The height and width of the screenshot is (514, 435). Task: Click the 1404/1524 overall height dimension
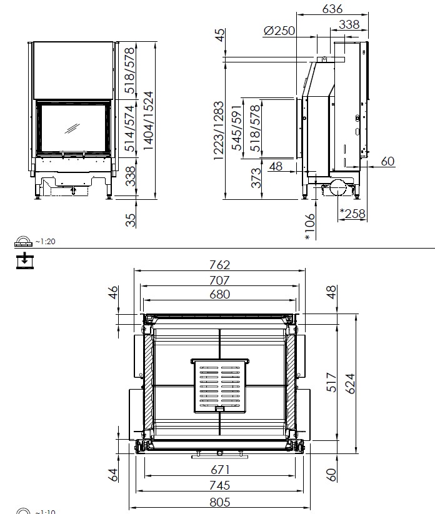coord(149,121)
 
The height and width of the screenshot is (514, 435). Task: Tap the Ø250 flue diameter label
coord(279,31)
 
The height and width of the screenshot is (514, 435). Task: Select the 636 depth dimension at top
coord(332,9)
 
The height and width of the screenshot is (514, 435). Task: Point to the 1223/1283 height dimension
coord(219,131)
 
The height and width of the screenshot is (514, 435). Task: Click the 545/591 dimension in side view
coord(237,128)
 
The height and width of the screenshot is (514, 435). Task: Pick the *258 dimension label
coord(352,214)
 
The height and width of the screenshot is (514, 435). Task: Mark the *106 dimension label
coord(309,227)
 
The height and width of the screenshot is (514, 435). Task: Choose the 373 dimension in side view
coord(256,177)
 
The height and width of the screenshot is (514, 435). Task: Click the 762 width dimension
coord(219,265)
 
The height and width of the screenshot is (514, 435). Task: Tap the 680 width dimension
coord(219,294)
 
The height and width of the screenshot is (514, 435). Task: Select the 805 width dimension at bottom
coord(219,502)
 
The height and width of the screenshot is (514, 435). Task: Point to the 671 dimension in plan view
coord(220,470)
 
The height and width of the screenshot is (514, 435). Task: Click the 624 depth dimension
coord(350,383)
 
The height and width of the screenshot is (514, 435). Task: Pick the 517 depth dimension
coord(332,382)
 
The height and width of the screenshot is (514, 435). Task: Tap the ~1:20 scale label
coord(45,242)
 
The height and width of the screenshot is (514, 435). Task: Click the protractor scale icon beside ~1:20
coord(23,241)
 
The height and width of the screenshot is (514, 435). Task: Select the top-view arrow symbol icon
coord(25,260)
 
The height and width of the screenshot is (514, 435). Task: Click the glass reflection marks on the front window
coord(72,128)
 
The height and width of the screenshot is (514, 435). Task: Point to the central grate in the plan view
coord(220,386)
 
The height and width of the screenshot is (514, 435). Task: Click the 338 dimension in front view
coord(131,176)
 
